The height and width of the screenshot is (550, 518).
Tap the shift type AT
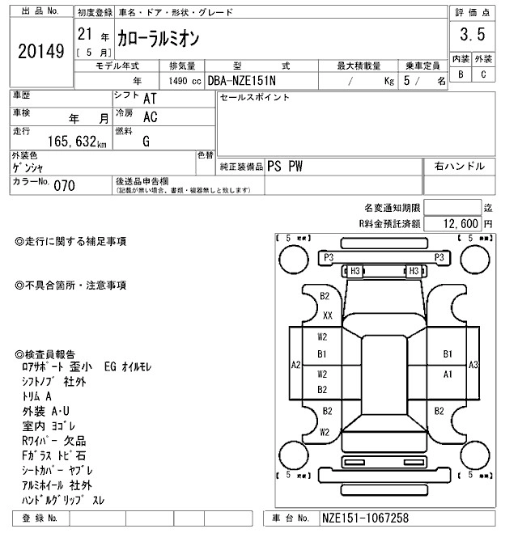click(151, 99)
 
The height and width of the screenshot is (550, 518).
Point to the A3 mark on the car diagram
click(474, 366)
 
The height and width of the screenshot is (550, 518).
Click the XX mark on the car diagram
click(328, 315)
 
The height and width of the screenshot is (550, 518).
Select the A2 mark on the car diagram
click(296, 366)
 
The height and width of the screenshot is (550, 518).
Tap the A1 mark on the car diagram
click(448, 374)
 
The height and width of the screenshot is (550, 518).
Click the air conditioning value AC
click(150, 118)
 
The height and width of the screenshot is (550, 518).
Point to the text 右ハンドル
click(460, 167)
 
